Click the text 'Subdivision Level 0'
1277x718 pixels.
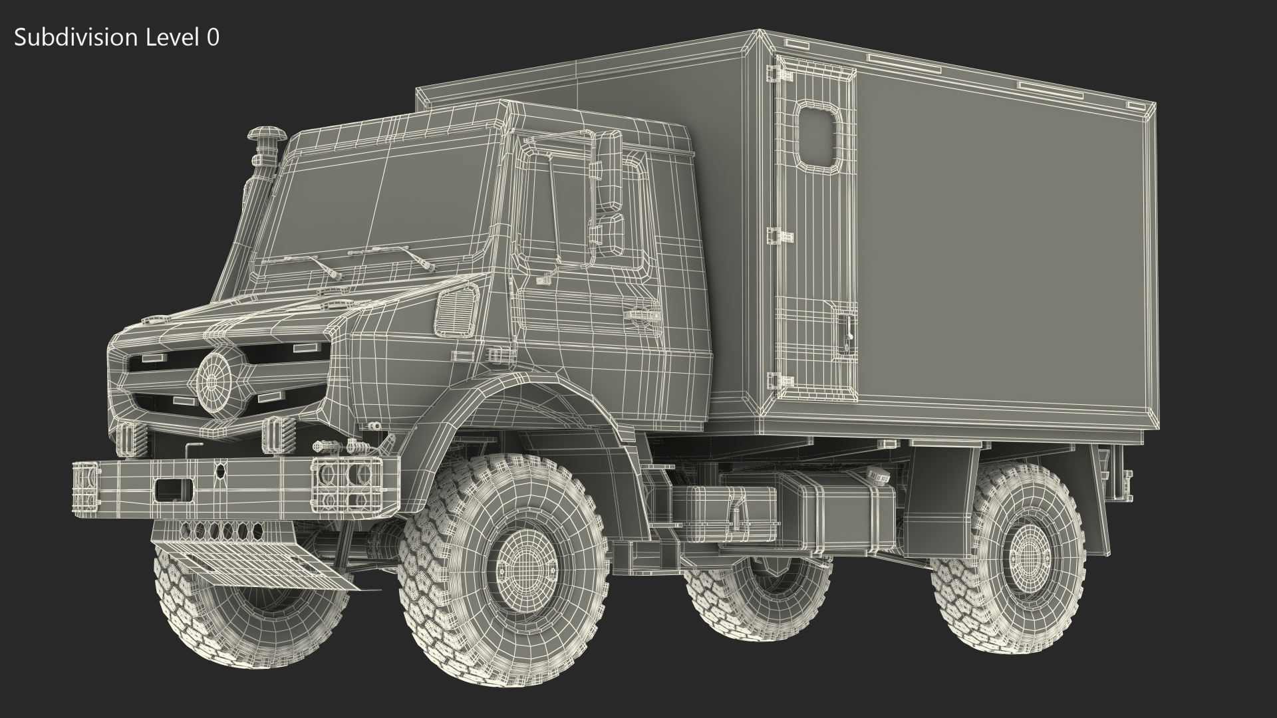click(x=116, y=38)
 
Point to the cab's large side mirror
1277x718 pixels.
click(x=609, y=169)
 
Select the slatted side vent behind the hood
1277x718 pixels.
click(x=456, y=308)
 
